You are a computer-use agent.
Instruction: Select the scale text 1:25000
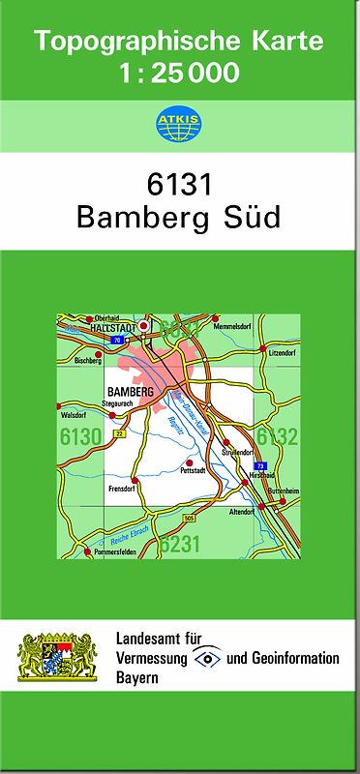(x=179, y=73)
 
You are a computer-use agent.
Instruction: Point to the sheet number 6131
(x=179, y=183)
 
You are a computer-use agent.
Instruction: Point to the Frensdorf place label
(x=123, y=490)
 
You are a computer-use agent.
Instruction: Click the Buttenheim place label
(x=279, y=491)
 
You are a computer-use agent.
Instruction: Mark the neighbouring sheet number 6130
(x=79, y=437)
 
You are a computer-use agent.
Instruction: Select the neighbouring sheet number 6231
(x=180, y=544)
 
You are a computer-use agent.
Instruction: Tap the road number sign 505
(x=186, y=521)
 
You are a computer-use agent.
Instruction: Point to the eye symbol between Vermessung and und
(x=206, y=658)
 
